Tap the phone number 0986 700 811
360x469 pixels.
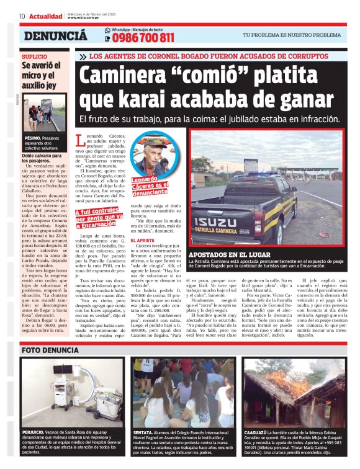coord(143,38)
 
